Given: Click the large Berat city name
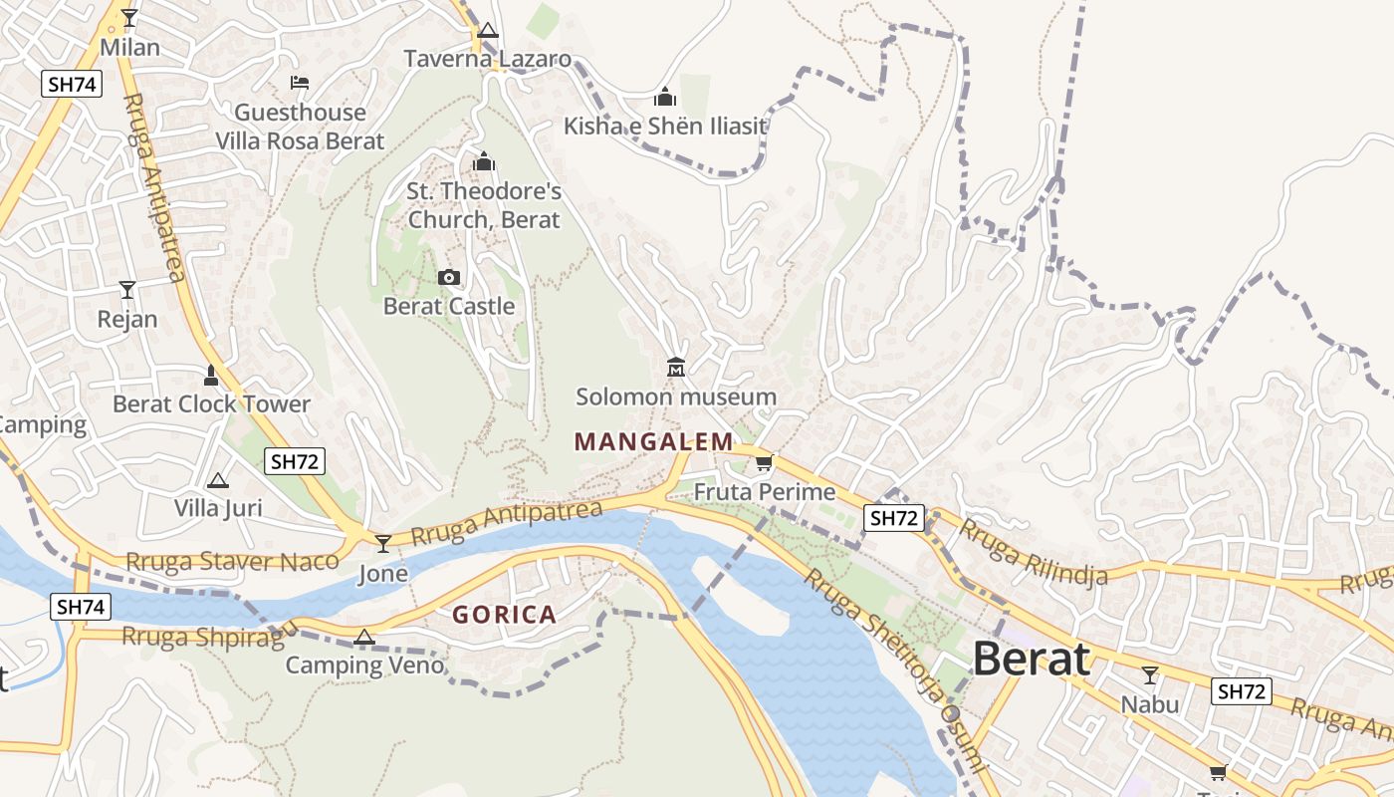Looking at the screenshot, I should (1031, 660).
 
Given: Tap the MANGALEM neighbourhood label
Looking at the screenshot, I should (653, 441).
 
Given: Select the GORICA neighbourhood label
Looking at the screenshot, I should (504, 615).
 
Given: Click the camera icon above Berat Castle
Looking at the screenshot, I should (449, 278).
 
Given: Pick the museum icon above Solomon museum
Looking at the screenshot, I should (676, 368).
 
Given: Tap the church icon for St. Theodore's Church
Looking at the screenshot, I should (484, 161).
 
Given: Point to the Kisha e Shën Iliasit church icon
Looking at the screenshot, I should (665, 97).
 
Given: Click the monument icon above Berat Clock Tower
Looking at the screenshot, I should (211, 376).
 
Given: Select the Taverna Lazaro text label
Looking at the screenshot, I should (488, 59).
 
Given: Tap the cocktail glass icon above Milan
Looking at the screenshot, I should (129, 18).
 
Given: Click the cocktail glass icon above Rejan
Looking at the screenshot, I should (127, 290).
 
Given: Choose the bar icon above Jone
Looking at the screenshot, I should (383, 544).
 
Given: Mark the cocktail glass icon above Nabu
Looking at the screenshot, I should (1150, 675).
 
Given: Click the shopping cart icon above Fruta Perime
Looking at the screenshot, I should (764, 463).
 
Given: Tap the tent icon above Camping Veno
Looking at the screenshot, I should (364, 638).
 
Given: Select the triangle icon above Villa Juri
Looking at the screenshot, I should (218, 480).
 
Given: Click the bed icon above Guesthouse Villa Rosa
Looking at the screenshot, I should (300, 83).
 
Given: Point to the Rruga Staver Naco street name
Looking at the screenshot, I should (232, 562).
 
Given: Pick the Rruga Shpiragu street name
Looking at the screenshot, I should (209, 635).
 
